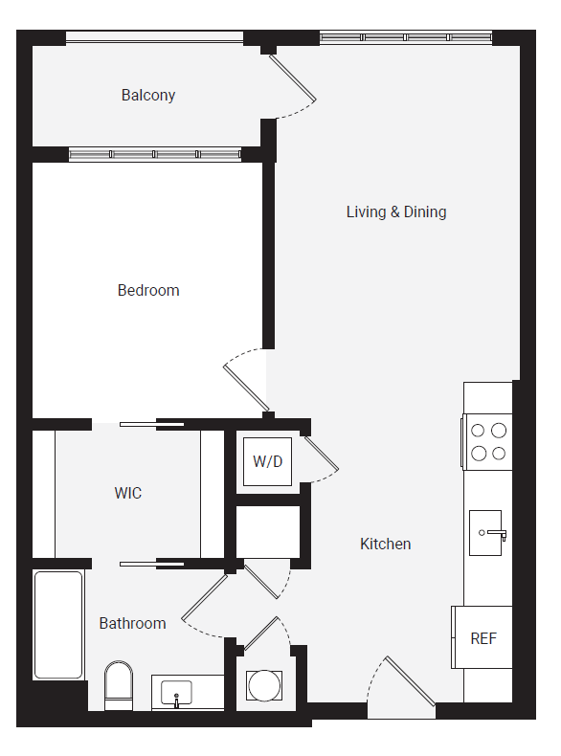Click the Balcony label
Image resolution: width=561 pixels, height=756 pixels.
tap(148, 96)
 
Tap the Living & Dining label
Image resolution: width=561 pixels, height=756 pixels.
tap(396, 211)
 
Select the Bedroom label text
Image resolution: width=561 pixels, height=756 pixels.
tap(148, 290)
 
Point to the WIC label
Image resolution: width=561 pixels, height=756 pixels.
tap(128, 493)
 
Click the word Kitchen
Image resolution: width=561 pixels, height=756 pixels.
tap(385, 544)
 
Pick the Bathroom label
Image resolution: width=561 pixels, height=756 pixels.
tap(132, 623)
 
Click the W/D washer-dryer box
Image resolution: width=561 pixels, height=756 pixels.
tap(268, 461)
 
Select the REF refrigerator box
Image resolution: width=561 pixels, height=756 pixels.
tap(482, 637)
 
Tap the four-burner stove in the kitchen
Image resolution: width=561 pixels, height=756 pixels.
tap(487, 441)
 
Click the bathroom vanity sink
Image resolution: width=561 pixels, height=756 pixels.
tap(177, 692)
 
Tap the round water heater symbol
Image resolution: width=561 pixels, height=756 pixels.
tap(264, 685)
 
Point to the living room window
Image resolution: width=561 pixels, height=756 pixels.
tap(405, 37)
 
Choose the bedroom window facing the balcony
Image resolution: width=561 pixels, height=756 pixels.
tap(155, 154)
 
